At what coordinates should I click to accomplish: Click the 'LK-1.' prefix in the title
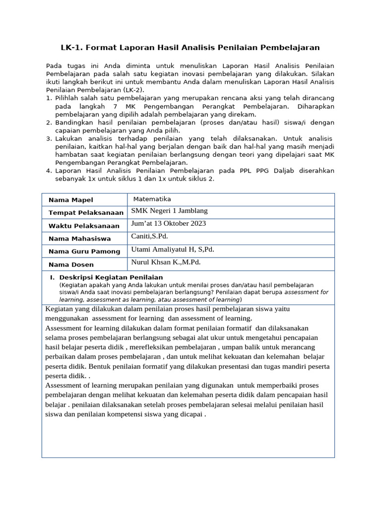(x=72, y=48)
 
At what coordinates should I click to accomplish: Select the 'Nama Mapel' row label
(x=70, y=200)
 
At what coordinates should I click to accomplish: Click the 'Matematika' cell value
(x=152, y=198)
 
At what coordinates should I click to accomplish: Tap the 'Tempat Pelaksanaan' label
(x=86, y=213)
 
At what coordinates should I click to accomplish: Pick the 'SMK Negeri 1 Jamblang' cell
(x=169, y=211)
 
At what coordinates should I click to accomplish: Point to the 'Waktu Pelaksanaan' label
(x=84, y=226)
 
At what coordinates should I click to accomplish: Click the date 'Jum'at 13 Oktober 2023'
(x=169, y=224)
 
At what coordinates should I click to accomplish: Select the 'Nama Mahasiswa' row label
(x=79, y=239)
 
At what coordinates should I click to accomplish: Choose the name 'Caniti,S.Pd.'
(x=150, y=237)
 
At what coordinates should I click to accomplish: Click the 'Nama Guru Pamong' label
(x=84, y=252)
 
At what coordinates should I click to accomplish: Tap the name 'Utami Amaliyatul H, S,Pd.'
(x=173, y=250)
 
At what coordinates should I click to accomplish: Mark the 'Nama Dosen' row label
(x=71, y=265)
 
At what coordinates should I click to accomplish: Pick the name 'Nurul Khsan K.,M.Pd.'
(x=166, y=262)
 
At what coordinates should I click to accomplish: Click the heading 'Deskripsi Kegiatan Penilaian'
(x=111, y=277)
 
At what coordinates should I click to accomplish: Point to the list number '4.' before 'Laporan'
(x=49, y=171)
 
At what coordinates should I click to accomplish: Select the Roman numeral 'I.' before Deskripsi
(x=52, y=277)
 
